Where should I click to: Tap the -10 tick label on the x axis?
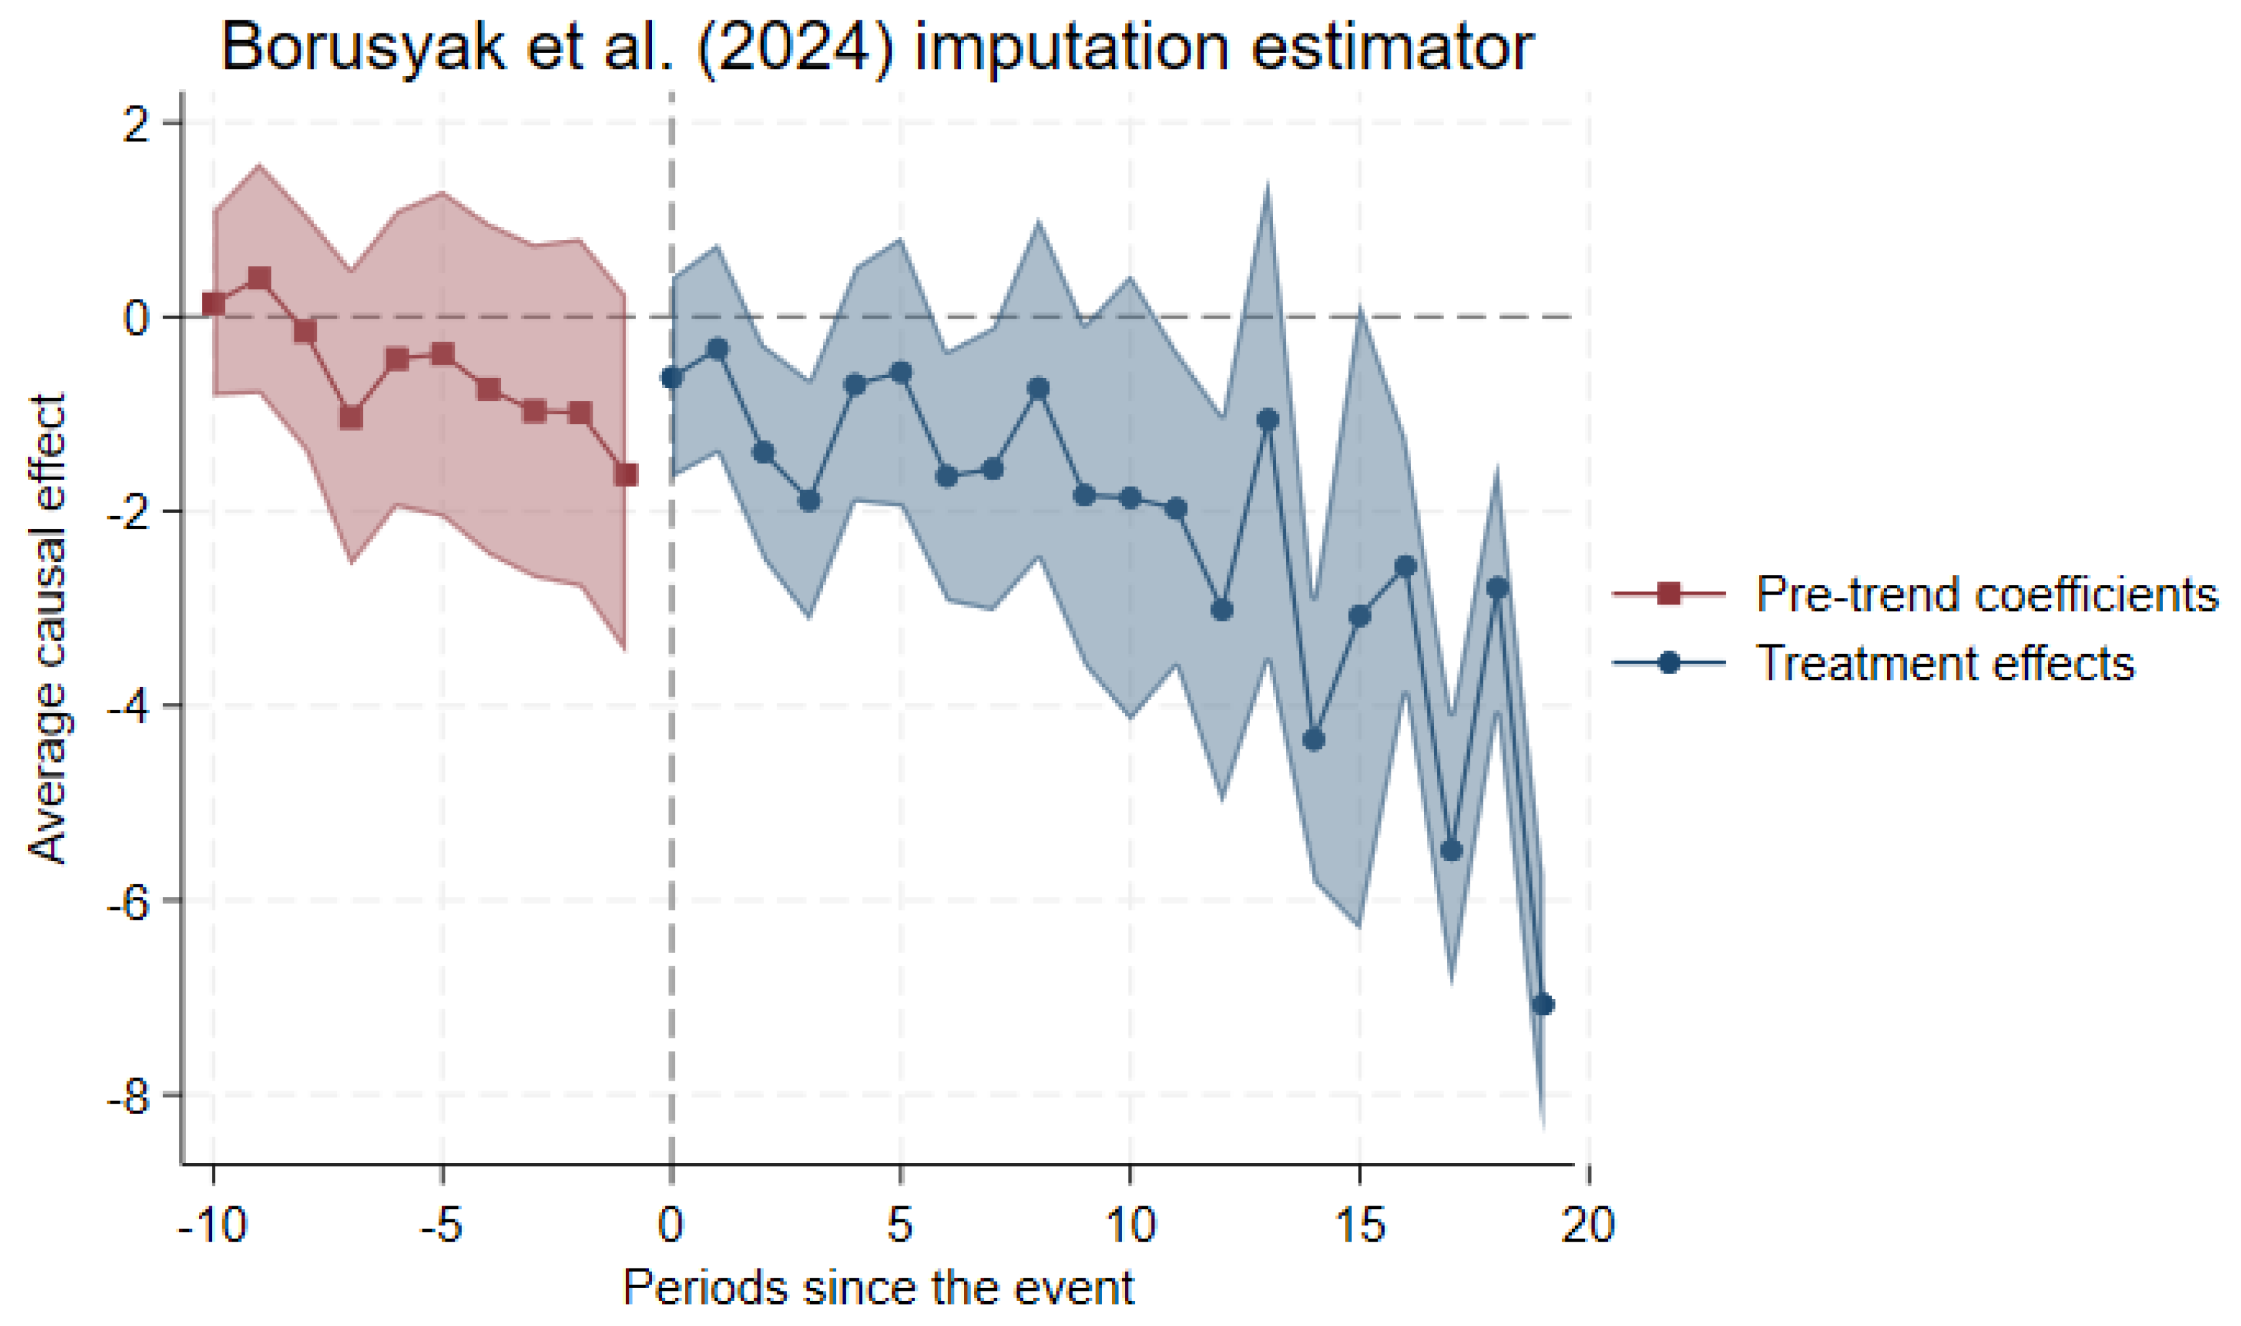[x=213, y=1223]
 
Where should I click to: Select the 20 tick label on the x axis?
[x=1587, y=1223]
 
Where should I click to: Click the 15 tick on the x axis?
[x=1359, y=1223]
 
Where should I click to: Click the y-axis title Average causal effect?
[x=48, y=629]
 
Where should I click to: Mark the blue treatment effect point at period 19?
[x=1542, y=1005]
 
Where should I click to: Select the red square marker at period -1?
[x=626, y=474]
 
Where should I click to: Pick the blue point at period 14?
[x=1313, y=740]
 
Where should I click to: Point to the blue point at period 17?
[x=1451, y=850]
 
